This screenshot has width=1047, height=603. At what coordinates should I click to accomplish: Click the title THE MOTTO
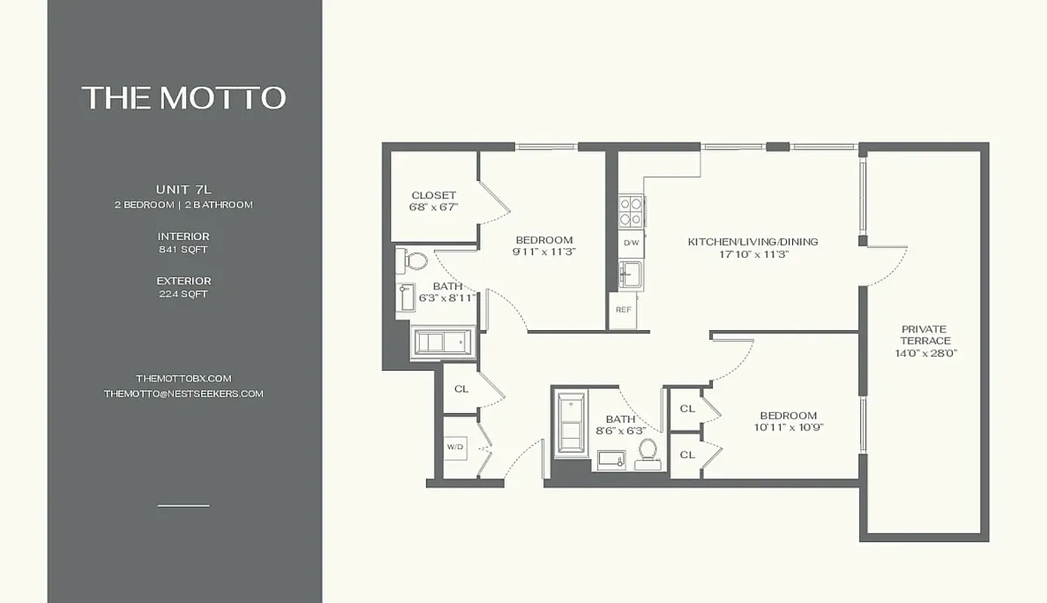(x=184, y=98)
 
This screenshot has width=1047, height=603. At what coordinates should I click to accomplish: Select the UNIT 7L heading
(x=183, y=189)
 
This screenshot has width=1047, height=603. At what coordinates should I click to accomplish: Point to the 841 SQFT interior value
(x=183, y=249)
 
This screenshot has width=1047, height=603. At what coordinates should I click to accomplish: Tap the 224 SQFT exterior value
(x=183, y=294)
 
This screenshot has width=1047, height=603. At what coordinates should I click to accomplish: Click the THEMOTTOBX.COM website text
(x=183, y=378)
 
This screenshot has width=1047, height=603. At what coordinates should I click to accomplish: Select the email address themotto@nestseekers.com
(x=183, y=393)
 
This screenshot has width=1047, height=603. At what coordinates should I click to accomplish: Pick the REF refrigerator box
(x=623, y=310)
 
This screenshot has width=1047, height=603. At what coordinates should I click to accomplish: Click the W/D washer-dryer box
(x=455, y=446)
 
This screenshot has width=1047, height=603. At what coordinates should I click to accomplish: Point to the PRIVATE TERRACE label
(x=925, y=335)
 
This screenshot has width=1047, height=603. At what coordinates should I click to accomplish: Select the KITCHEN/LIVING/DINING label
(x=752, y=242)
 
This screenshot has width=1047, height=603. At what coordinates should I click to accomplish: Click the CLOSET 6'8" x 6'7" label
(x=433, y=195)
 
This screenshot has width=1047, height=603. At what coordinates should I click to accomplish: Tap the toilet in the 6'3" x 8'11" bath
(x=413, y=262)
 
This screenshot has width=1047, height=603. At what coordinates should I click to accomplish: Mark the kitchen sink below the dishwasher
(x=630, y=274)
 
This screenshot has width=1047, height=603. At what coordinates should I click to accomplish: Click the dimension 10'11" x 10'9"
(x=788, y=428)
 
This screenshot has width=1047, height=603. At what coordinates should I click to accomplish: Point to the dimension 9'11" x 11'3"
(x=543, y=253)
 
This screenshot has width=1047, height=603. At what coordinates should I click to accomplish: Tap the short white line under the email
(x=183, y=506)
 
